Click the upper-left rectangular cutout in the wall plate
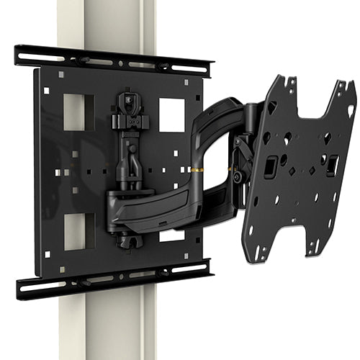tap(78, 112)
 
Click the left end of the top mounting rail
tap(22, 52)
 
